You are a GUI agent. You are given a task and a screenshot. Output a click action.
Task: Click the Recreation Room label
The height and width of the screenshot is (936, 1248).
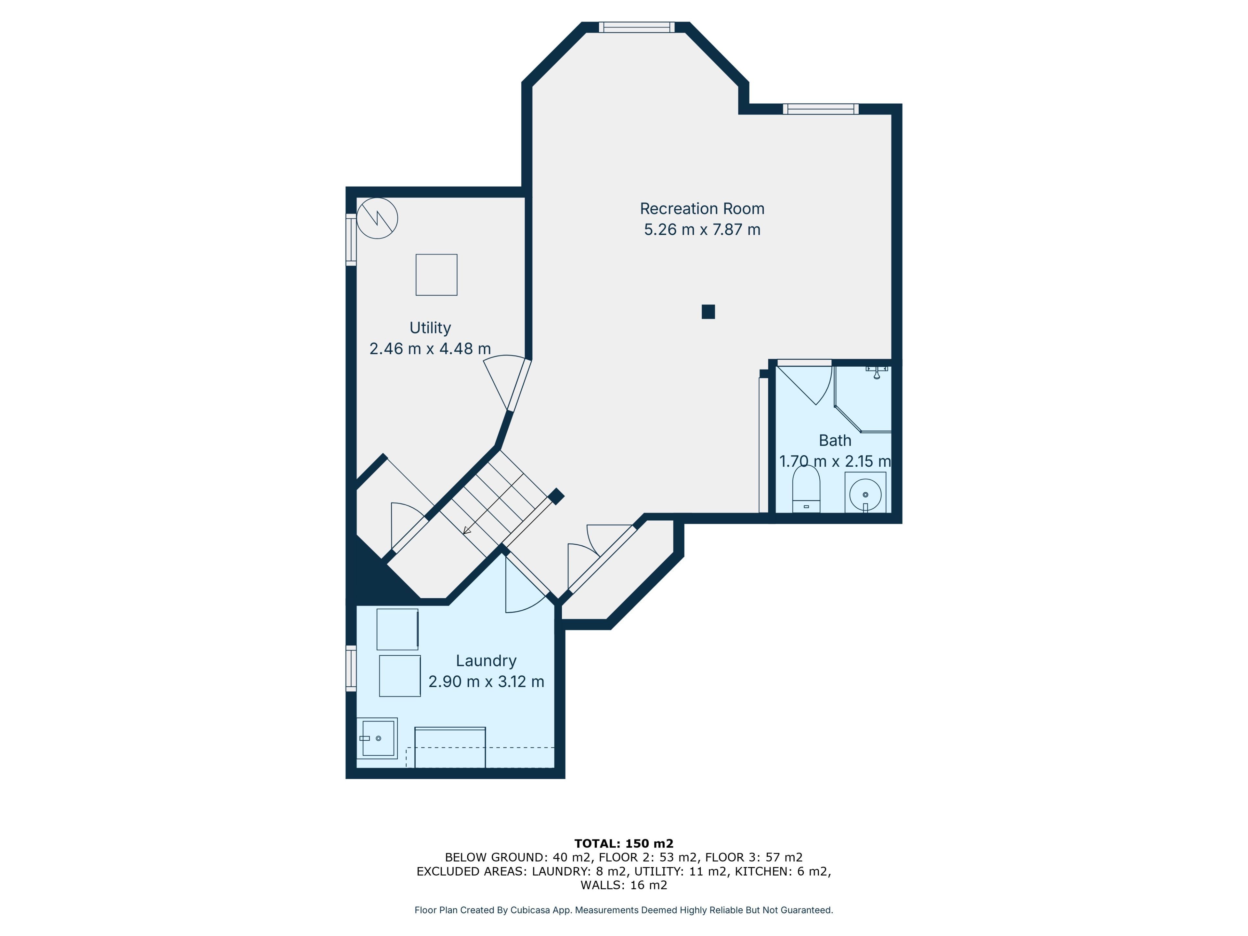(702, 209)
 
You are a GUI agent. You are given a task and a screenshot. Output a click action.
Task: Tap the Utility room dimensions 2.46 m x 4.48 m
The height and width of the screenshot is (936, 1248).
(430, 349)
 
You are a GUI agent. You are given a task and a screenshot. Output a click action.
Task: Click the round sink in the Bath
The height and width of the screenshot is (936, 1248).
(865, 495)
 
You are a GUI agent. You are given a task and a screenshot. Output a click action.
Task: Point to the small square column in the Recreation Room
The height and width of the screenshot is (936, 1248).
(708, 311)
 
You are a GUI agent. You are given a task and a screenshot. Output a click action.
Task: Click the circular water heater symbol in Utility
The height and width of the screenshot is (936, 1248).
(377, 218)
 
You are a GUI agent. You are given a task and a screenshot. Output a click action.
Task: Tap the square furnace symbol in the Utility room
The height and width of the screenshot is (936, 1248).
(436, 275)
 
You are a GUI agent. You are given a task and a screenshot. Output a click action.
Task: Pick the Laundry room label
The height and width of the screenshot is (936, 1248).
(486, 661)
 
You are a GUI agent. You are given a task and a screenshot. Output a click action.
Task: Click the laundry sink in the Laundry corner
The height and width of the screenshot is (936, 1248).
(377, 738)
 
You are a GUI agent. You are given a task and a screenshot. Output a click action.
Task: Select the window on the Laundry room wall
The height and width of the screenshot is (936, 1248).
(351, 669)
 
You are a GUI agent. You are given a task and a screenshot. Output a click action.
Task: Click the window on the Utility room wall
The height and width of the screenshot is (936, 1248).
(351, 240)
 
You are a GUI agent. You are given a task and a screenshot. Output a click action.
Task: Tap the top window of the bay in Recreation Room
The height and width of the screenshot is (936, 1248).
(636, 27)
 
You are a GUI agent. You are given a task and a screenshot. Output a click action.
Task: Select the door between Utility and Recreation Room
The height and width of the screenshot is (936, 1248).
(507, 383)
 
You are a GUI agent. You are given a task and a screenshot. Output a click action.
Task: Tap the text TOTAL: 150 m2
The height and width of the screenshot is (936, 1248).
(624, 843)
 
